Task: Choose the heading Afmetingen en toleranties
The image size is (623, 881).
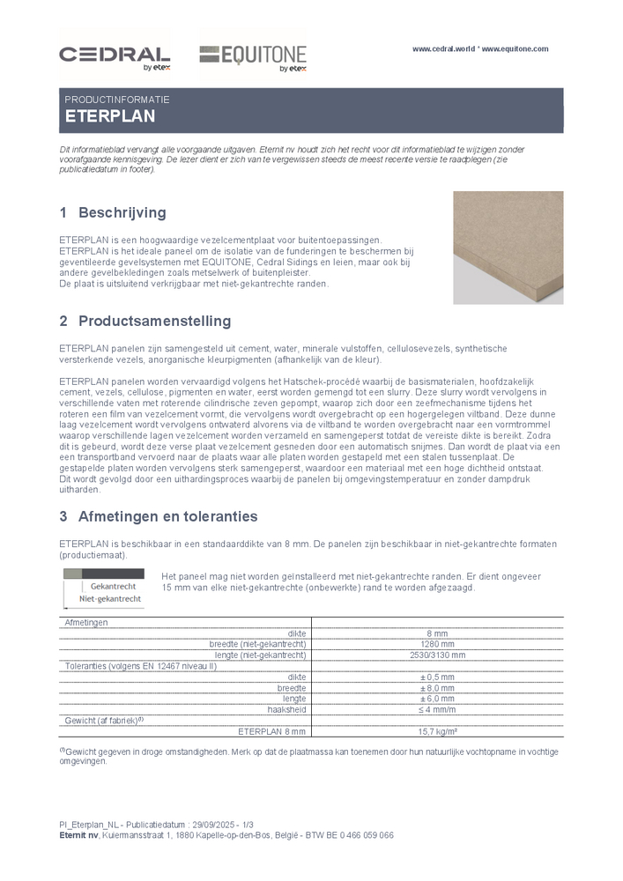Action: pos(167,516)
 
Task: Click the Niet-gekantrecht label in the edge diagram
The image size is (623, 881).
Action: pos(110,598)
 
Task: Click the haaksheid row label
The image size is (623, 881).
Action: pos(286,709)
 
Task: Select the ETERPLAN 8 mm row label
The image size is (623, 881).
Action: pos(272,731)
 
